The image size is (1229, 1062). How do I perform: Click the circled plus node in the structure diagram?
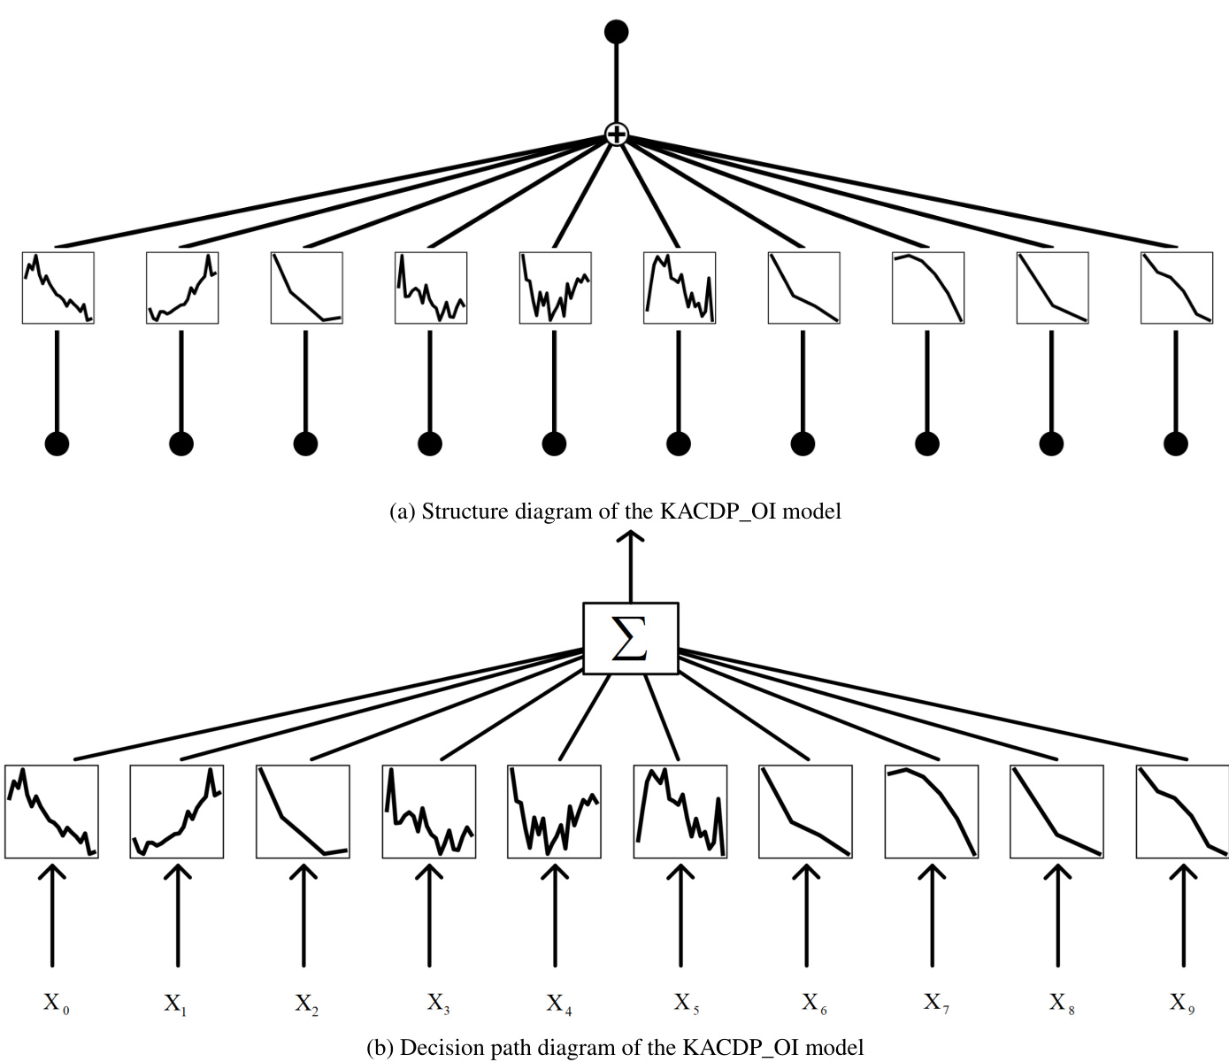click(616, 135)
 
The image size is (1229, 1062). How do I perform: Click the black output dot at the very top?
click(616, 32)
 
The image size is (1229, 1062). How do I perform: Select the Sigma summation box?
click(630, 638)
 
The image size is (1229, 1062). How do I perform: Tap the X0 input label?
click(56, 1004)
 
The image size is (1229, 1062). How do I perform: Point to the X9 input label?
click(1181, 1003)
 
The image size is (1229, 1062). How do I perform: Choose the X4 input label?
click(557, 1004)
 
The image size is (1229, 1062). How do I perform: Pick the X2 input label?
click(306, 1004)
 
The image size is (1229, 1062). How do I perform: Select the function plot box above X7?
click(932, 812)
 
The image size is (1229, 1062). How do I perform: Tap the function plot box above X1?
click(177, 812)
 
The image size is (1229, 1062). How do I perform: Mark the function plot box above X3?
click(429, 812)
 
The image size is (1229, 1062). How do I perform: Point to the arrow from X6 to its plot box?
click(805, 916)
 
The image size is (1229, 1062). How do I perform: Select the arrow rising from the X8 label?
click(1056, 916)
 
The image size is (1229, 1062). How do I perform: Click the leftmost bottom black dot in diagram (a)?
click(57, 443)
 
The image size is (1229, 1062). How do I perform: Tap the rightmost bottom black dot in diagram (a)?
click(1176, 443)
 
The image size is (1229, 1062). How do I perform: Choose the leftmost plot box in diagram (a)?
click(58, 288)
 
